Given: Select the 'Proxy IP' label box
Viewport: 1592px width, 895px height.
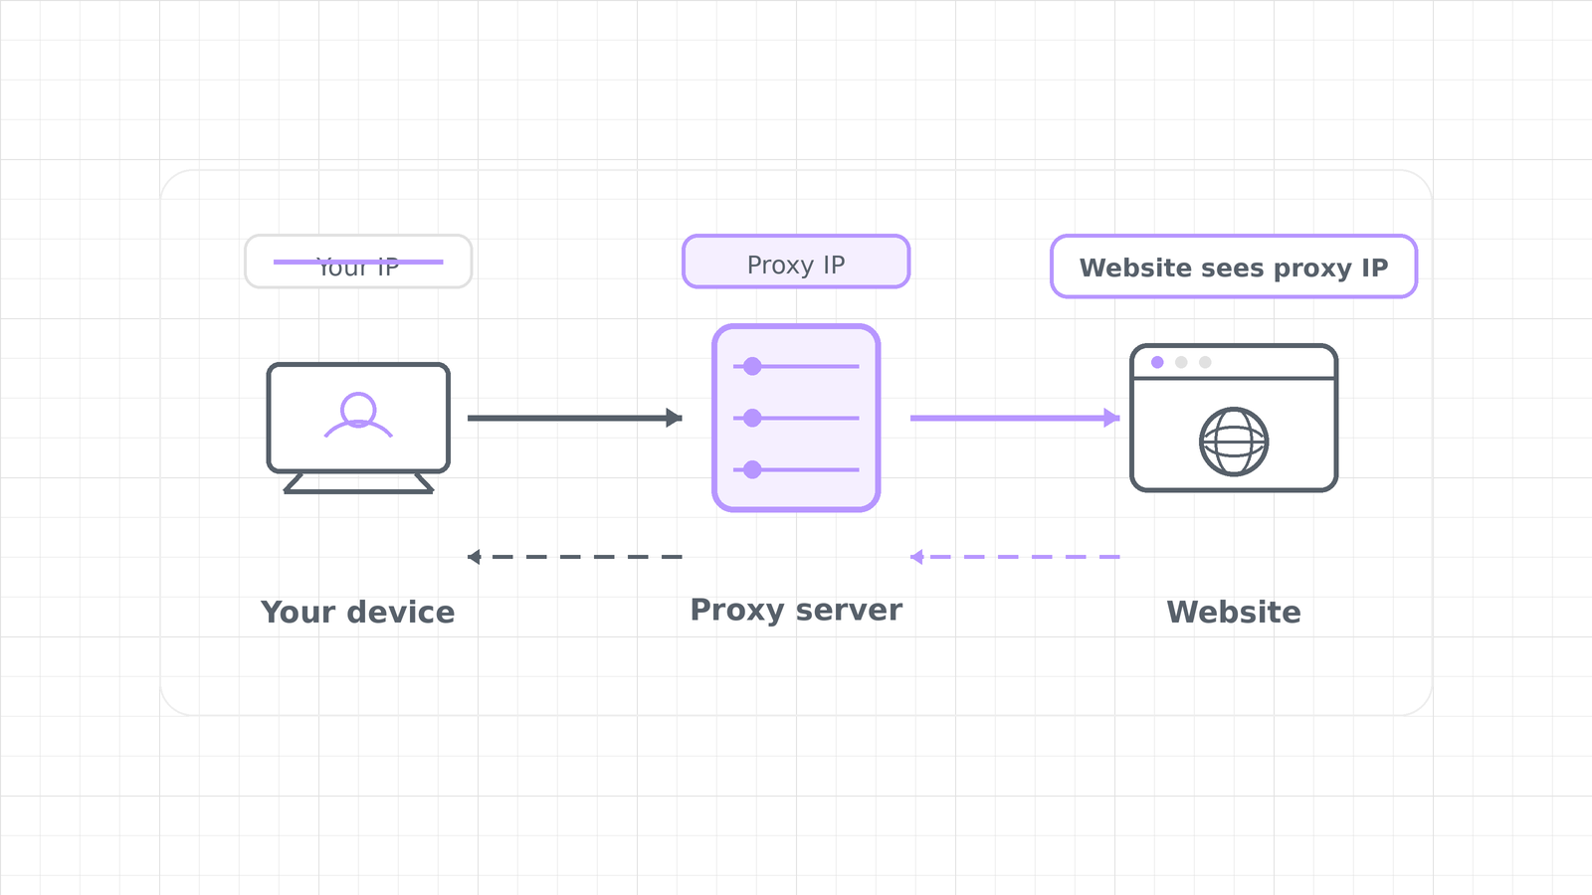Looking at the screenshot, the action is click(796, 262).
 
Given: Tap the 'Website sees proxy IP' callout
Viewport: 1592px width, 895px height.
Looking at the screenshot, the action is click(1234, 267).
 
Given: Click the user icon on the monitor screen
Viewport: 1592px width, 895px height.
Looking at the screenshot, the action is click(358, 415).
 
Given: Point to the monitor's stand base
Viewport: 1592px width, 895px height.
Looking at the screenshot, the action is click(358, 483).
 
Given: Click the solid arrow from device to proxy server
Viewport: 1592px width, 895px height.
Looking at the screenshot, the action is click(575, 418).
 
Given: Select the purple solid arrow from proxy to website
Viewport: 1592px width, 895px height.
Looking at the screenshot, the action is click(1015, 418).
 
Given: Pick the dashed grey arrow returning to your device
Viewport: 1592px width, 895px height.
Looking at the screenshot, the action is click(575, 557).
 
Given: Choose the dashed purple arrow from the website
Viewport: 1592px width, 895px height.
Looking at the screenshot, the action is click(1015, 557).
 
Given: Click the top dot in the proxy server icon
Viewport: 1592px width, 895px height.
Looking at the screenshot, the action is click(752, 367).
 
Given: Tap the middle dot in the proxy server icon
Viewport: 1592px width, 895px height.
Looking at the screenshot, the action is click(752, 418).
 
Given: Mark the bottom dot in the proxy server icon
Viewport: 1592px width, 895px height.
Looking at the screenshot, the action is click(752, 469).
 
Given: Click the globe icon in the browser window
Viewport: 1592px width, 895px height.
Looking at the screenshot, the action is click(1234, 442).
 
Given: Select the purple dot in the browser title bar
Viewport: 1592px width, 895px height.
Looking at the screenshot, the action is click(1157, 362).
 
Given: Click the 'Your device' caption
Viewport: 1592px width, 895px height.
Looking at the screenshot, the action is click(357, 613).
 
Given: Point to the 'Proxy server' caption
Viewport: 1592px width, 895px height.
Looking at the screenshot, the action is click(796, 611).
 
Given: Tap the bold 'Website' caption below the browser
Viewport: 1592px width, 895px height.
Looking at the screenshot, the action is click(1234, 613).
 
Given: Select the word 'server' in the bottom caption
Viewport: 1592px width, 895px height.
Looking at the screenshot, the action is click(849, 611).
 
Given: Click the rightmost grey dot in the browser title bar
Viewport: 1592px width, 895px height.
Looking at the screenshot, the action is click(1205, 362).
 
